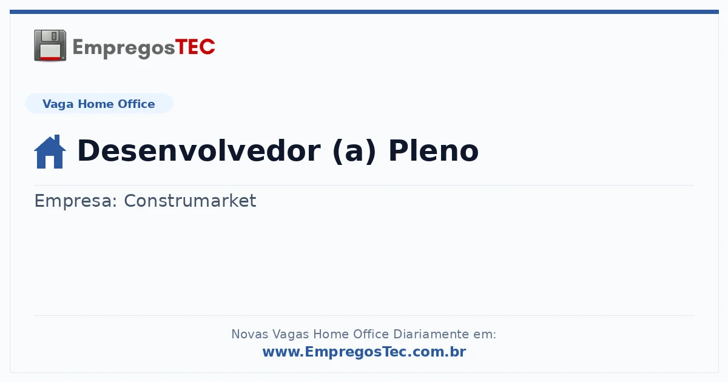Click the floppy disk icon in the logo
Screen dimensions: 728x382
tap(50, 45)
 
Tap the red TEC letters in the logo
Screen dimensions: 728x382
tap(195, 47)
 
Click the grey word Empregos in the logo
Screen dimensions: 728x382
tap(124, 49)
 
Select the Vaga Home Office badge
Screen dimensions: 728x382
tap(99, 104)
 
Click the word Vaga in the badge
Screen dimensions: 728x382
tap(58, 104)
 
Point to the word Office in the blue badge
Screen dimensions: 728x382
tap(136, 104)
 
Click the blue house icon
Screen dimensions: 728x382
tap(50, 152)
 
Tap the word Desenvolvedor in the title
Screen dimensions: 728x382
tap(199, 150)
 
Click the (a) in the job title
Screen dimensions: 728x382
tap(354, 151)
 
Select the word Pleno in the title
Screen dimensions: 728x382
tap(434, 150)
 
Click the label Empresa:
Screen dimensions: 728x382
tap(75, 201)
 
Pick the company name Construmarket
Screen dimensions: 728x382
tap(190, 201)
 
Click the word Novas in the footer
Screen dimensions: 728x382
tap(249, 334)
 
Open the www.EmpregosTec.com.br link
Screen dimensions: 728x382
tap(365, 352)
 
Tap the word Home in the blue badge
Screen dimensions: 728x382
tap(96, 104)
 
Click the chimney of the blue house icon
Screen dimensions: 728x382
tap(57, 139)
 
